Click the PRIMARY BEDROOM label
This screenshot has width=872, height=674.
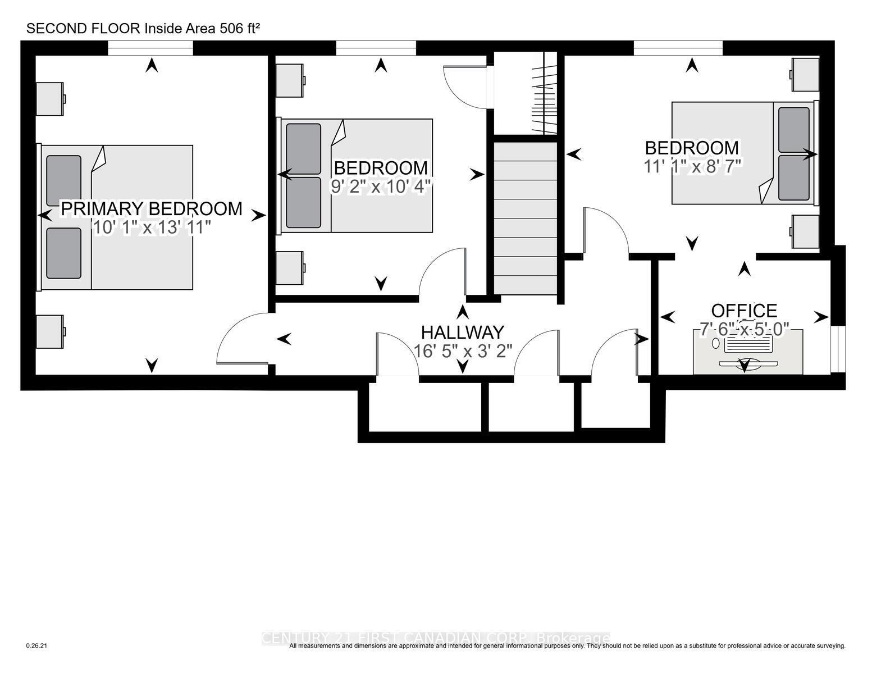(152, 208)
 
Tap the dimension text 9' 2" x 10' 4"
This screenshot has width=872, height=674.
(381, 186)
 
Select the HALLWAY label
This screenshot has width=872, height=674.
(463, 332)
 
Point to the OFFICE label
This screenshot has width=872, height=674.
(744, 311)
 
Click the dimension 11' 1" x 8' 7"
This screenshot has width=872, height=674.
(694, 166)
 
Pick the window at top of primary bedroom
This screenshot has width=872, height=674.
(150, 49)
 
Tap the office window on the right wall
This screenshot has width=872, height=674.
(838, 348)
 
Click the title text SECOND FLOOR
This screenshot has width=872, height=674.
(84, 29)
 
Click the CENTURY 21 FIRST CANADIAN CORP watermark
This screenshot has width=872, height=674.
(435, 638)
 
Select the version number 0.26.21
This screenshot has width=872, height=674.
(37, 646)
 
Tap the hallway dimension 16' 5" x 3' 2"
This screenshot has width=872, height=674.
(463, 351)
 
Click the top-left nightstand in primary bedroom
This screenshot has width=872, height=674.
(51, 99)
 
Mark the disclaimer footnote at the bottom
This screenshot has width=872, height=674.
(567, 646)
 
